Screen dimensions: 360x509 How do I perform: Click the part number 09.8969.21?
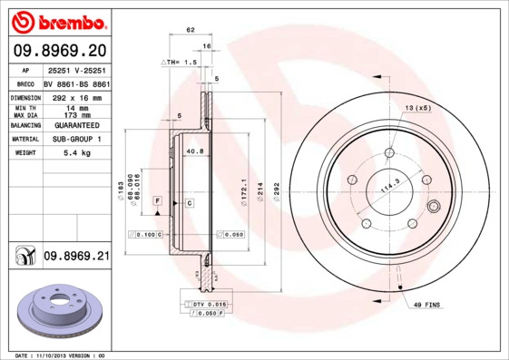tap(76, 258)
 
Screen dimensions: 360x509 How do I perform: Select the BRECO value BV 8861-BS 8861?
tap(76, 83)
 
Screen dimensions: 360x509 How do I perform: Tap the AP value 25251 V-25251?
tap(76, 70)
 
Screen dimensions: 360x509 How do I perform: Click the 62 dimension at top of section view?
tap(191, 31)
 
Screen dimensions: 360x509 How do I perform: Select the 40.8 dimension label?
tap(193, 151)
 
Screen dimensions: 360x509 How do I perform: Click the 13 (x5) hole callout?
tap(417, 108)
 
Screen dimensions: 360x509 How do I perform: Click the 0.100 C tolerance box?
tap(147, 234)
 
